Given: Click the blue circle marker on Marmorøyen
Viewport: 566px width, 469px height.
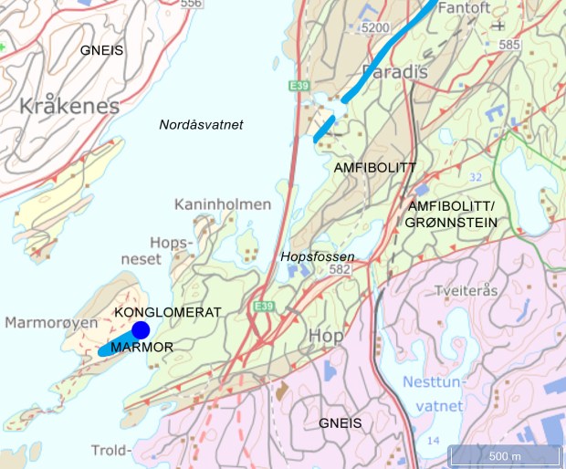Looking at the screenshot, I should pos(140,329).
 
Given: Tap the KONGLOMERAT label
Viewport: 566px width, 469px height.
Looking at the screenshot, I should pos(169,312).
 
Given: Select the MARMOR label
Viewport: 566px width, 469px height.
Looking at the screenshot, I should pos(141,348).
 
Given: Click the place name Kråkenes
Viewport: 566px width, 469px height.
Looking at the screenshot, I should pos(69,106).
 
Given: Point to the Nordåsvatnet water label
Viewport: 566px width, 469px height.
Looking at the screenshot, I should pos(201,125).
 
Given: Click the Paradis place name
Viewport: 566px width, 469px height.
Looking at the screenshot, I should pos(394,71).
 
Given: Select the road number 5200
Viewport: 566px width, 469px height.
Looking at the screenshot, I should pos(375,28).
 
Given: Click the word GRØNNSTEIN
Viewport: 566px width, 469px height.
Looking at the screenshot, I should pos(453,222).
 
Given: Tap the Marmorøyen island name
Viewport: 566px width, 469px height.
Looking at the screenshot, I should pos(50,323).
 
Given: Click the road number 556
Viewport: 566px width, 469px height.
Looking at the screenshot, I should pos(191,4).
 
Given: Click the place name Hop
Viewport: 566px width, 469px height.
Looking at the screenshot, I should pos(326,336).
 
